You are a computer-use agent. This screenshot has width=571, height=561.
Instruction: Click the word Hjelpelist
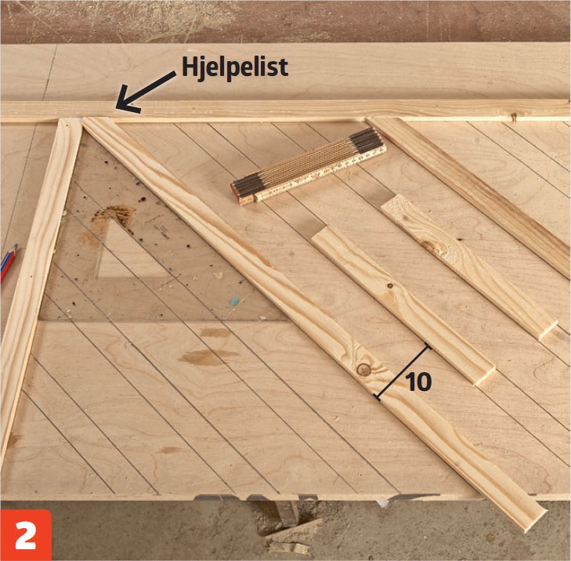tap(235, 67)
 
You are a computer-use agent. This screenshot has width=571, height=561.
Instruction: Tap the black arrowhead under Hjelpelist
tap(125, 99)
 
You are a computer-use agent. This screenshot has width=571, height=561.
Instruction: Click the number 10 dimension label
tap(418, 382)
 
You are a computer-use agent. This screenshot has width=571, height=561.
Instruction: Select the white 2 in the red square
tap(26, 535)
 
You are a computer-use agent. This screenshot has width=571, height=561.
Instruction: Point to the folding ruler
tap(308, 166)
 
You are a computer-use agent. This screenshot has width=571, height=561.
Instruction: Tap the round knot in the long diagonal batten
tap(363, 369)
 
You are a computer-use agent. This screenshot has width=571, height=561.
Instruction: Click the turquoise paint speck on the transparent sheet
tap(235, 301)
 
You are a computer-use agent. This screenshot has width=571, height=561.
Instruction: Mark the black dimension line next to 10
tap(403, 372)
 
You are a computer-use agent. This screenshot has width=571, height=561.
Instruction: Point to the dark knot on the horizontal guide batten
tap(514, 117)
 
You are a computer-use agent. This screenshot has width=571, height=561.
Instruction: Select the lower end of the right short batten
tap(547, 329)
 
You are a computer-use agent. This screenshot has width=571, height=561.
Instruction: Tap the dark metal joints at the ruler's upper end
tap(366, 141)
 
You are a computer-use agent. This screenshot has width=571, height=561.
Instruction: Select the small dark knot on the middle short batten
tap(390, 286)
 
